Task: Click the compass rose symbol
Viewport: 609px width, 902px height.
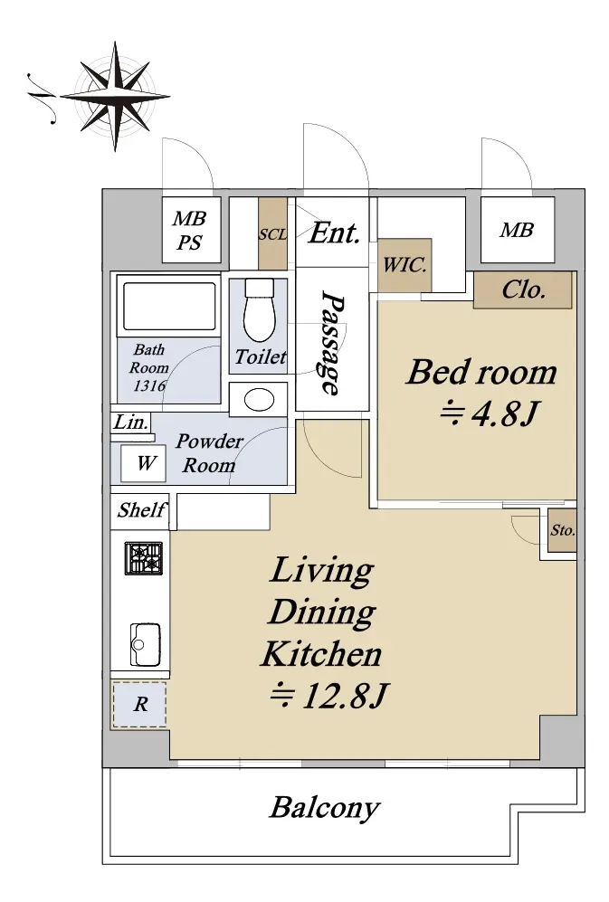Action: click(115, 96)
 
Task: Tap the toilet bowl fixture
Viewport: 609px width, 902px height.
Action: click(259, 310)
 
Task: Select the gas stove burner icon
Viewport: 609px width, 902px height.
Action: click(144, 558)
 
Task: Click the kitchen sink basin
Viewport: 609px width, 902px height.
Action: click(145, 644)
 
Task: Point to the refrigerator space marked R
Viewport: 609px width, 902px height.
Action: click(140, 704)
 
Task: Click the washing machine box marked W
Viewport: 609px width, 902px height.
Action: click(143, 463)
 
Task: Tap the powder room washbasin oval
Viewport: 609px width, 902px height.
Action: click(259, 399)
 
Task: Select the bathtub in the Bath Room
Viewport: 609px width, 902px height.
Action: click(168, 306)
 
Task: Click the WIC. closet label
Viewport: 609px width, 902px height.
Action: click(404, 264)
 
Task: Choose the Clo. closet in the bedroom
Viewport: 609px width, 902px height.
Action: click(523, 290)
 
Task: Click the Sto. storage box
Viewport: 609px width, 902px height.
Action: click(562, 530)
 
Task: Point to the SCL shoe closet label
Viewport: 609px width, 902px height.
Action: click(273, 234)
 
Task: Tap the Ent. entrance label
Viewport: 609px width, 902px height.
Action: click(334, 233)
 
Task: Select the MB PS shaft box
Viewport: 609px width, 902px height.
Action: click(191, 230)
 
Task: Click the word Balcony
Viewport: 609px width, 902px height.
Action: click(325, 808)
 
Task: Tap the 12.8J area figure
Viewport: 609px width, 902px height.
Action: click(329, 696)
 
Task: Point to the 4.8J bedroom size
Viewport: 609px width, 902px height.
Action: click(490, 413)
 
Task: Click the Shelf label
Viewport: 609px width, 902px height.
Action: click(141, 509)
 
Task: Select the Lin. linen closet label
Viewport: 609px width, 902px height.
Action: click(131, 423)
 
